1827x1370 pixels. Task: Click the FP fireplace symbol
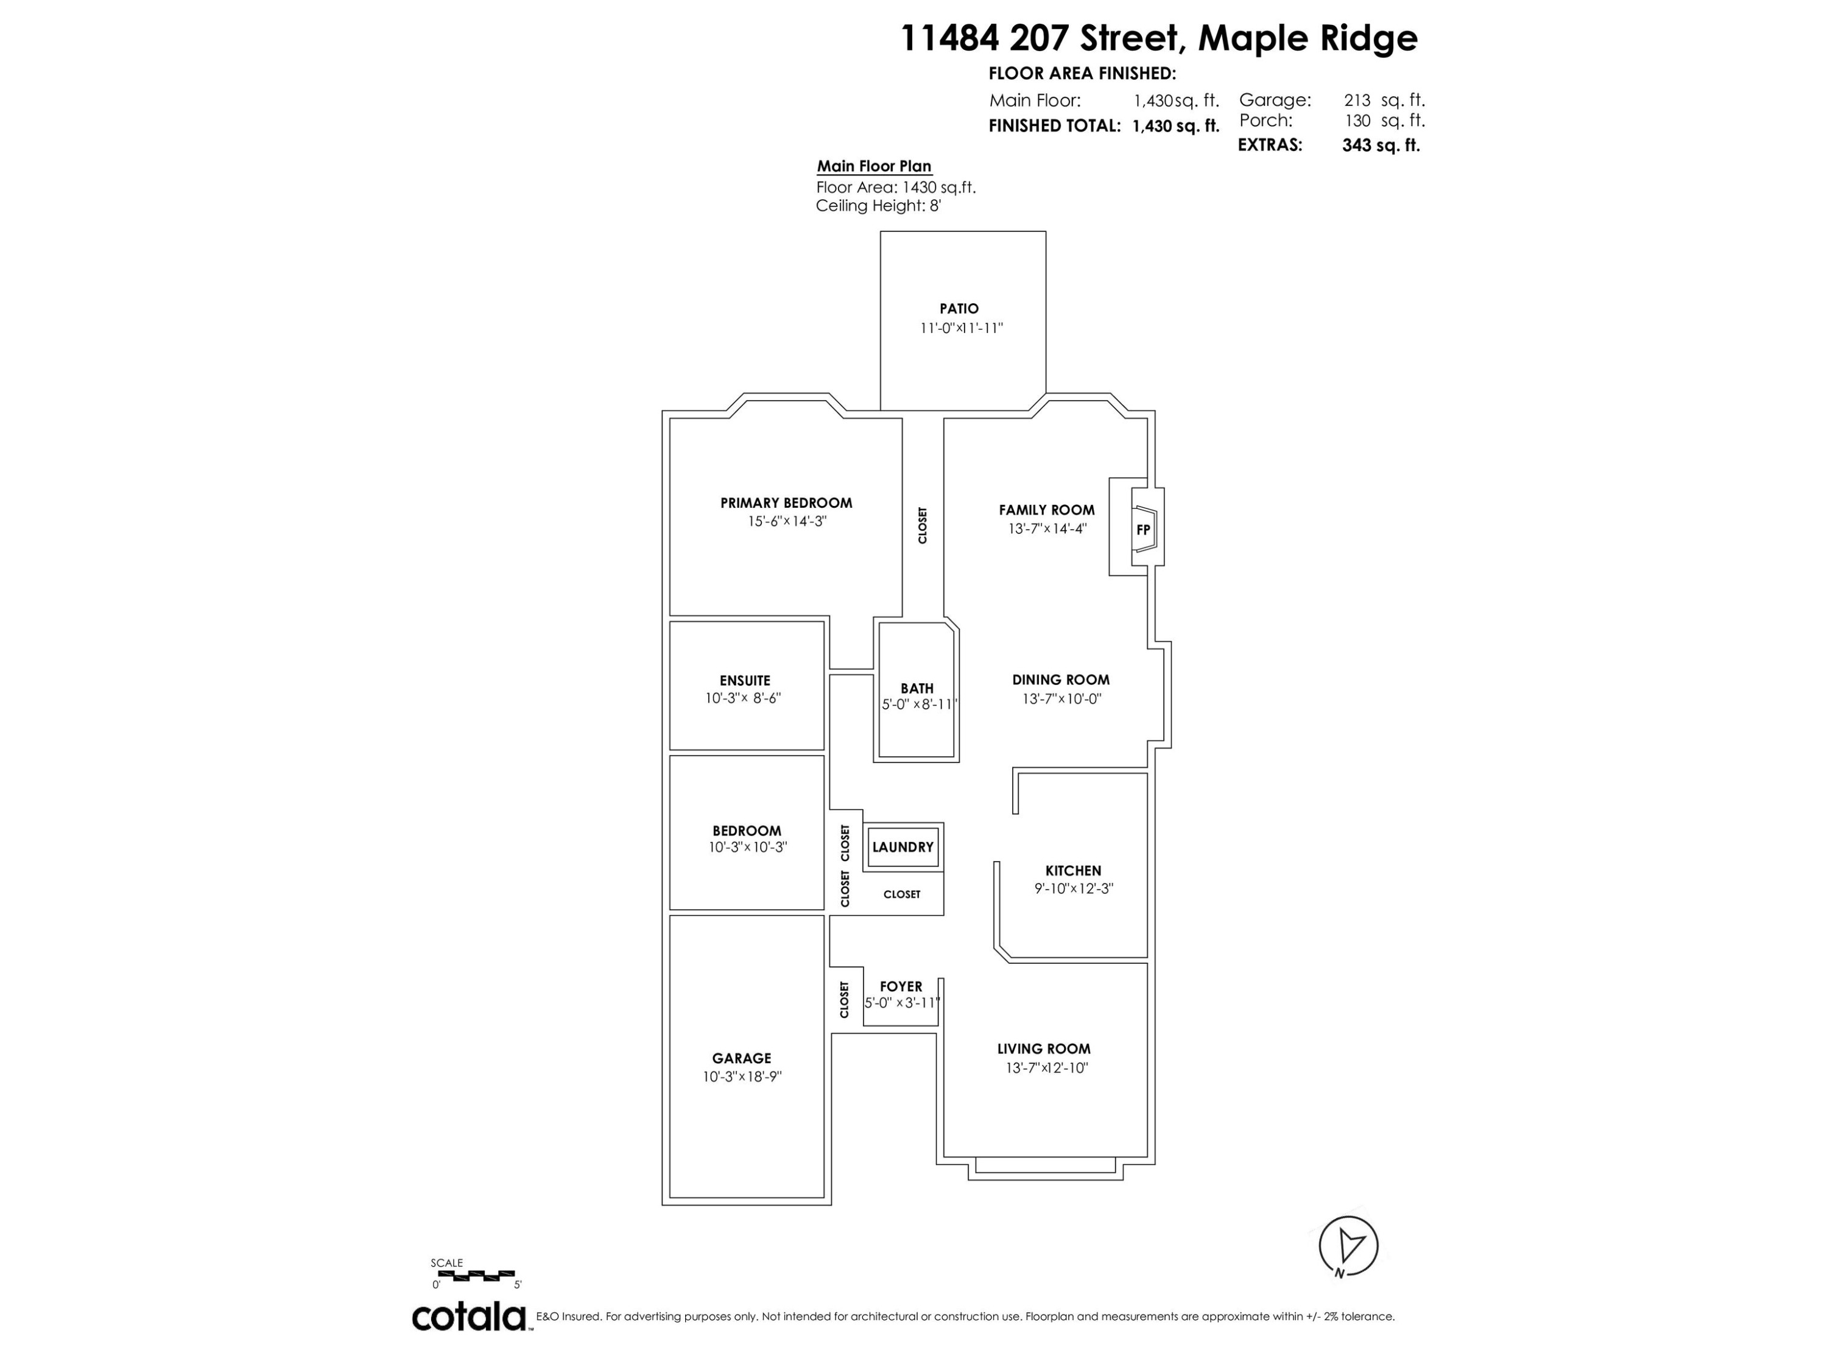click(1144, 529)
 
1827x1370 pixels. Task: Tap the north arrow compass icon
click(1348, 1245)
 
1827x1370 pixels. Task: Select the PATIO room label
click(959, 309)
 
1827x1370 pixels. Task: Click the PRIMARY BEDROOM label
click(786, 503)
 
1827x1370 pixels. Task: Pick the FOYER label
click(900, 987)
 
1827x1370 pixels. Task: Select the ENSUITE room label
click(745, 681)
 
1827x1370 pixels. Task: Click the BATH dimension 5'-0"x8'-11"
click(918, 704)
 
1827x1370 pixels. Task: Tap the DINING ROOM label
click(1060, 680)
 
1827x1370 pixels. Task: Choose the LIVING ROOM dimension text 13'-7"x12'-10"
click(1046, 1068)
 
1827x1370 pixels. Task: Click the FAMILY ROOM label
click(1046, 510)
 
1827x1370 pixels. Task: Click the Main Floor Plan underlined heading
click(874, 166)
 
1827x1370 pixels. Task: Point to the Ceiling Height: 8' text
click(878, 206)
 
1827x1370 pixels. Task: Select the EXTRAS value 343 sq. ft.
click(1380, 146)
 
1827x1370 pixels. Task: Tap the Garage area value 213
click(1357, 100)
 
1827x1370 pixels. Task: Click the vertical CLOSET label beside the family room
click(923, 525)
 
